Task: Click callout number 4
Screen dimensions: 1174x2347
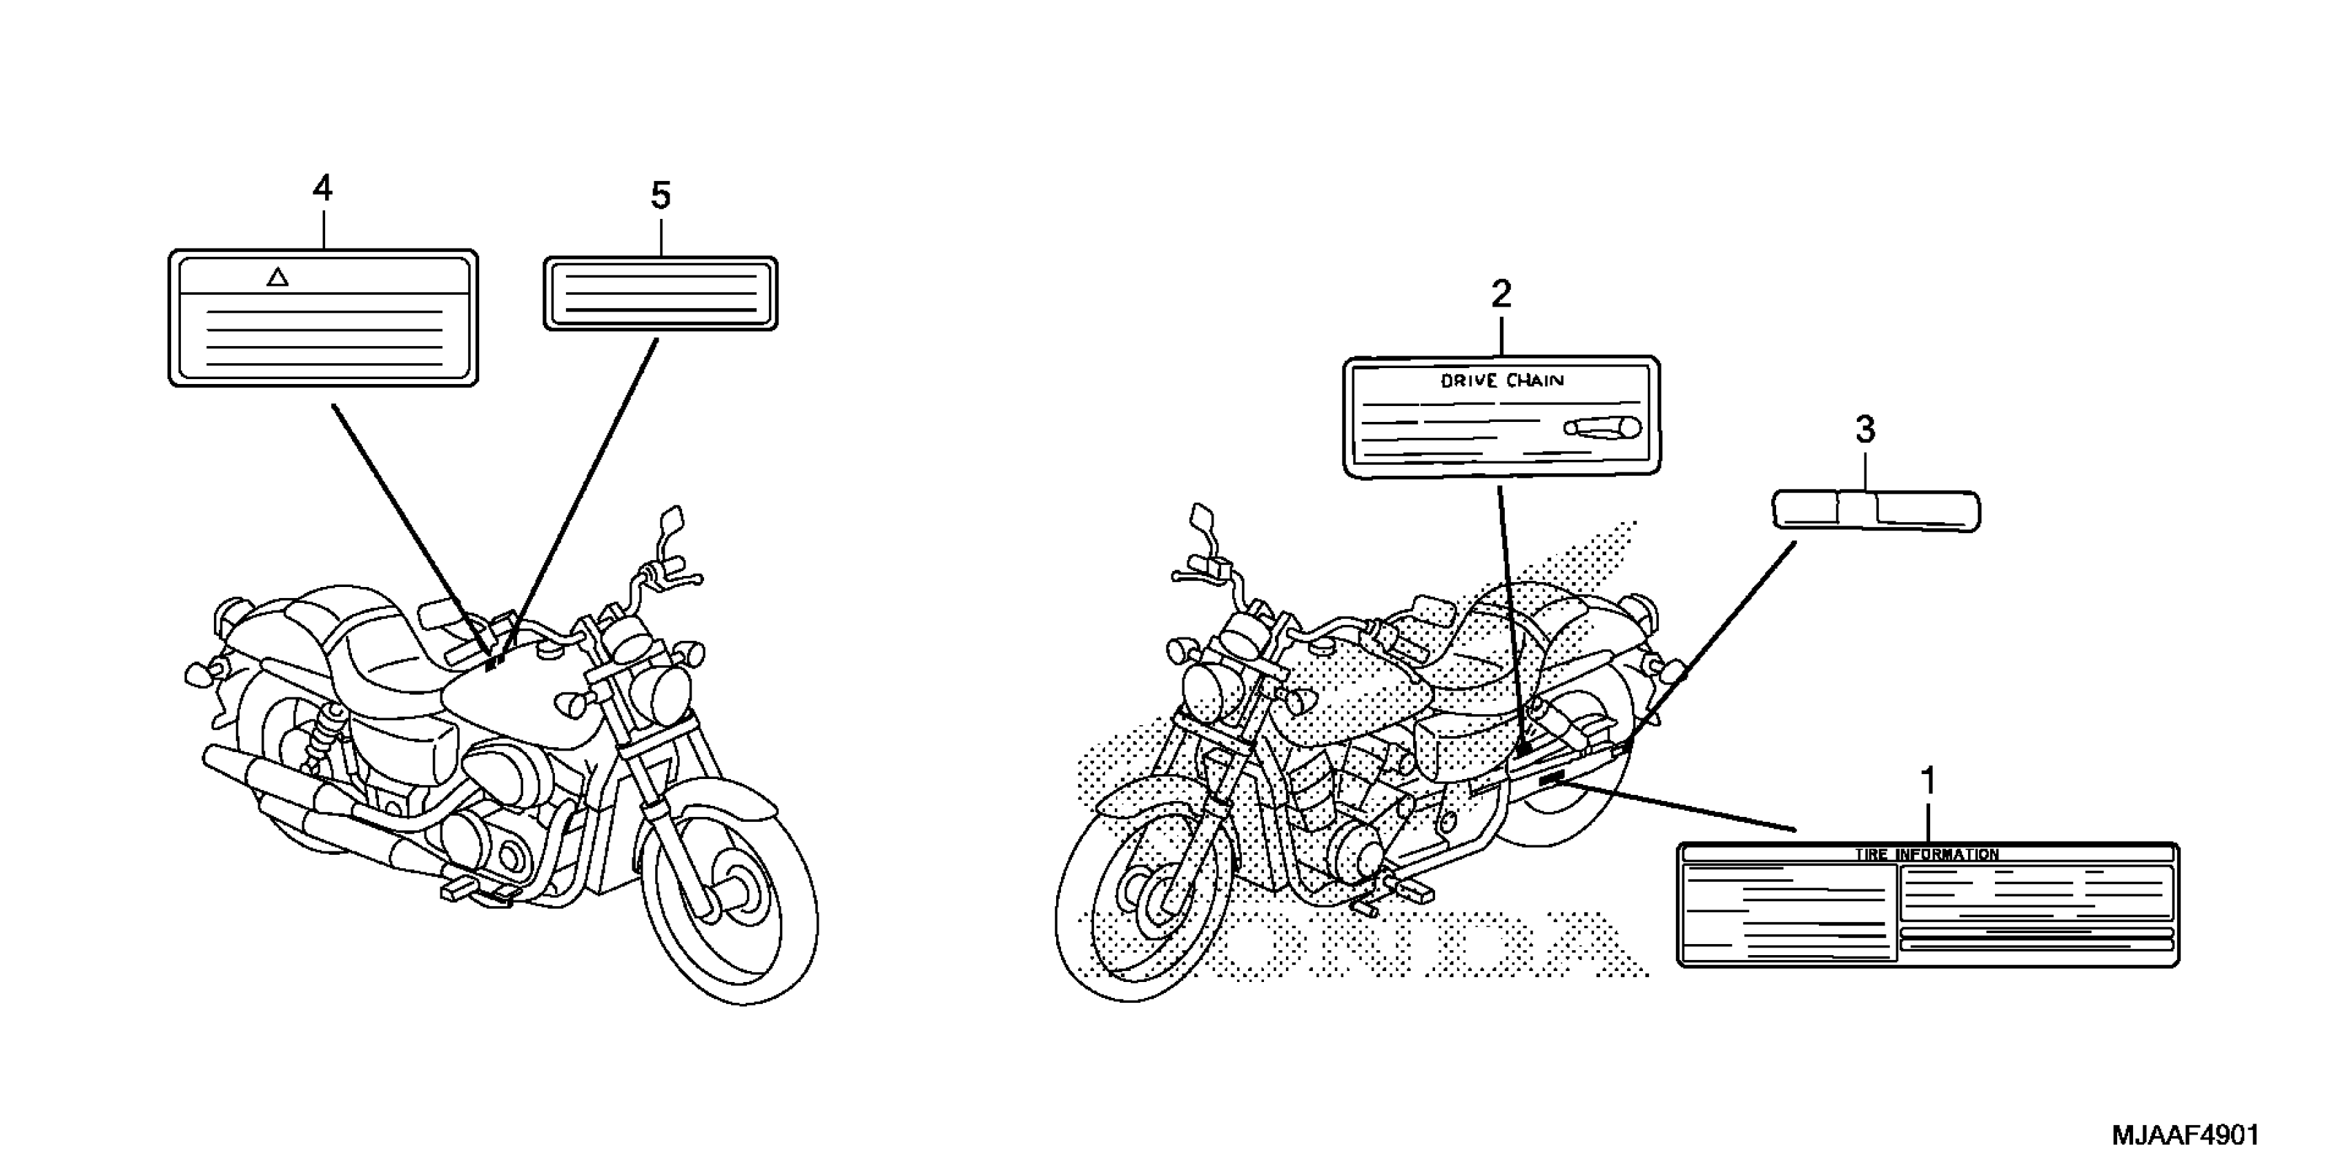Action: point(322,189)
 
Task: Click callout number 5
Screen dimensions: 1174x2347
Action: point(661,196)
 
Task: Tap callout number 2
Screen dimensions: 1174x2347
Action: point(1501,293)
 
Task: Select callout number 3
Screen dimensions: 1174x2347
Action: point(1865,430)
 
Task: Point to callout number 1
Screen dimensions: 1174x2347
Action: point(1928,781)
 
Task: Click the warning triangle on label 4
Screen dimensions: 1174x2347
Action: point(278,276)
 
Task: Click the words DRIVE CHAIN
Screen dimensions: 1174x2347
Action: point(1501,381)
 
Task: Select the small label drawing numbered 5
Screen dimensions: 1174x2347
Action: point(661,293)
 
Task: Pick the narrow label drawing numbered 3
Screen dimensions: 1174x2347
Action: point(1875,510)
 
